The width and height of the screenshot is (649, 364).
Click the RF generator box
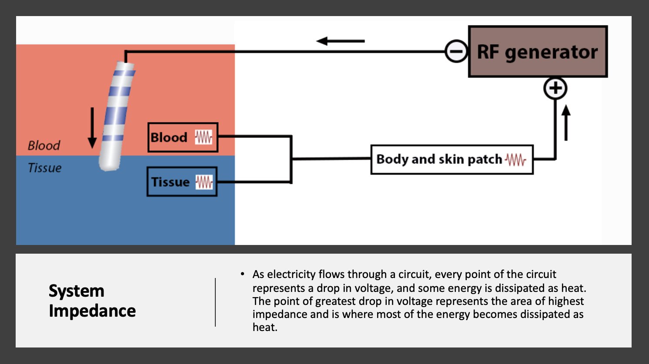[538, 52]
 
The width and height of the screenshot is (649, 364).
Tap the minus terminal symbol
[456, 52]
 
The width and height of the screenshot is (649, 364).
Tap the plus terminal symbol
[555, 89]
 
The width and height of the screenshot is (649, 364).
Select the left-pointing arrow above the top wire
[340, 41]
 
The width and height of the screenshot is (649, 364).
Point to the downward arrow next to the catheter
[92, 128]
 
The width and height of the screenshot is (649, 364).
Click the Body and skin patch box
[452, 159]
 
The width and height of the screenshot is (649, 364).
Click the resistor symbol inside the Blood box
[204, 138]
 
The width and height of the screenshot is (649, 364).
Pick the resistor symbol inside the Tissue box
[204, 182]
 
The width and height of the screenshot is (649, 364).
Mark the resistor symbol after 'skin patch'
[516, 160]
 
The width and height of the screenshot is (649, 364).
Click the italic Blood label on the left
[44, 146]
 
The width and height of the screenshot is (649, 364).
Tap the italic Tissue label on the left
[45, 168]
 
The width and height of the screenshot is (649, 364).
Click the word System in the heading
[77, 291]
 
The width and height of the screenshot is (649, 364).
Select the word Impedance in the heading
[92, 311]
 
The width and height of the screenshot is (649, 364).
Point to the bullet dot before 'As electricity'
[242, 274]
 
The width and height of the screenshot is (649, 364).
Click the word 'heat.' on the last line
[265, 328]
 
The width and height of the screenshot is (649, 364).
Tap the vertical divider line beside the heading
[215, 302]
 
